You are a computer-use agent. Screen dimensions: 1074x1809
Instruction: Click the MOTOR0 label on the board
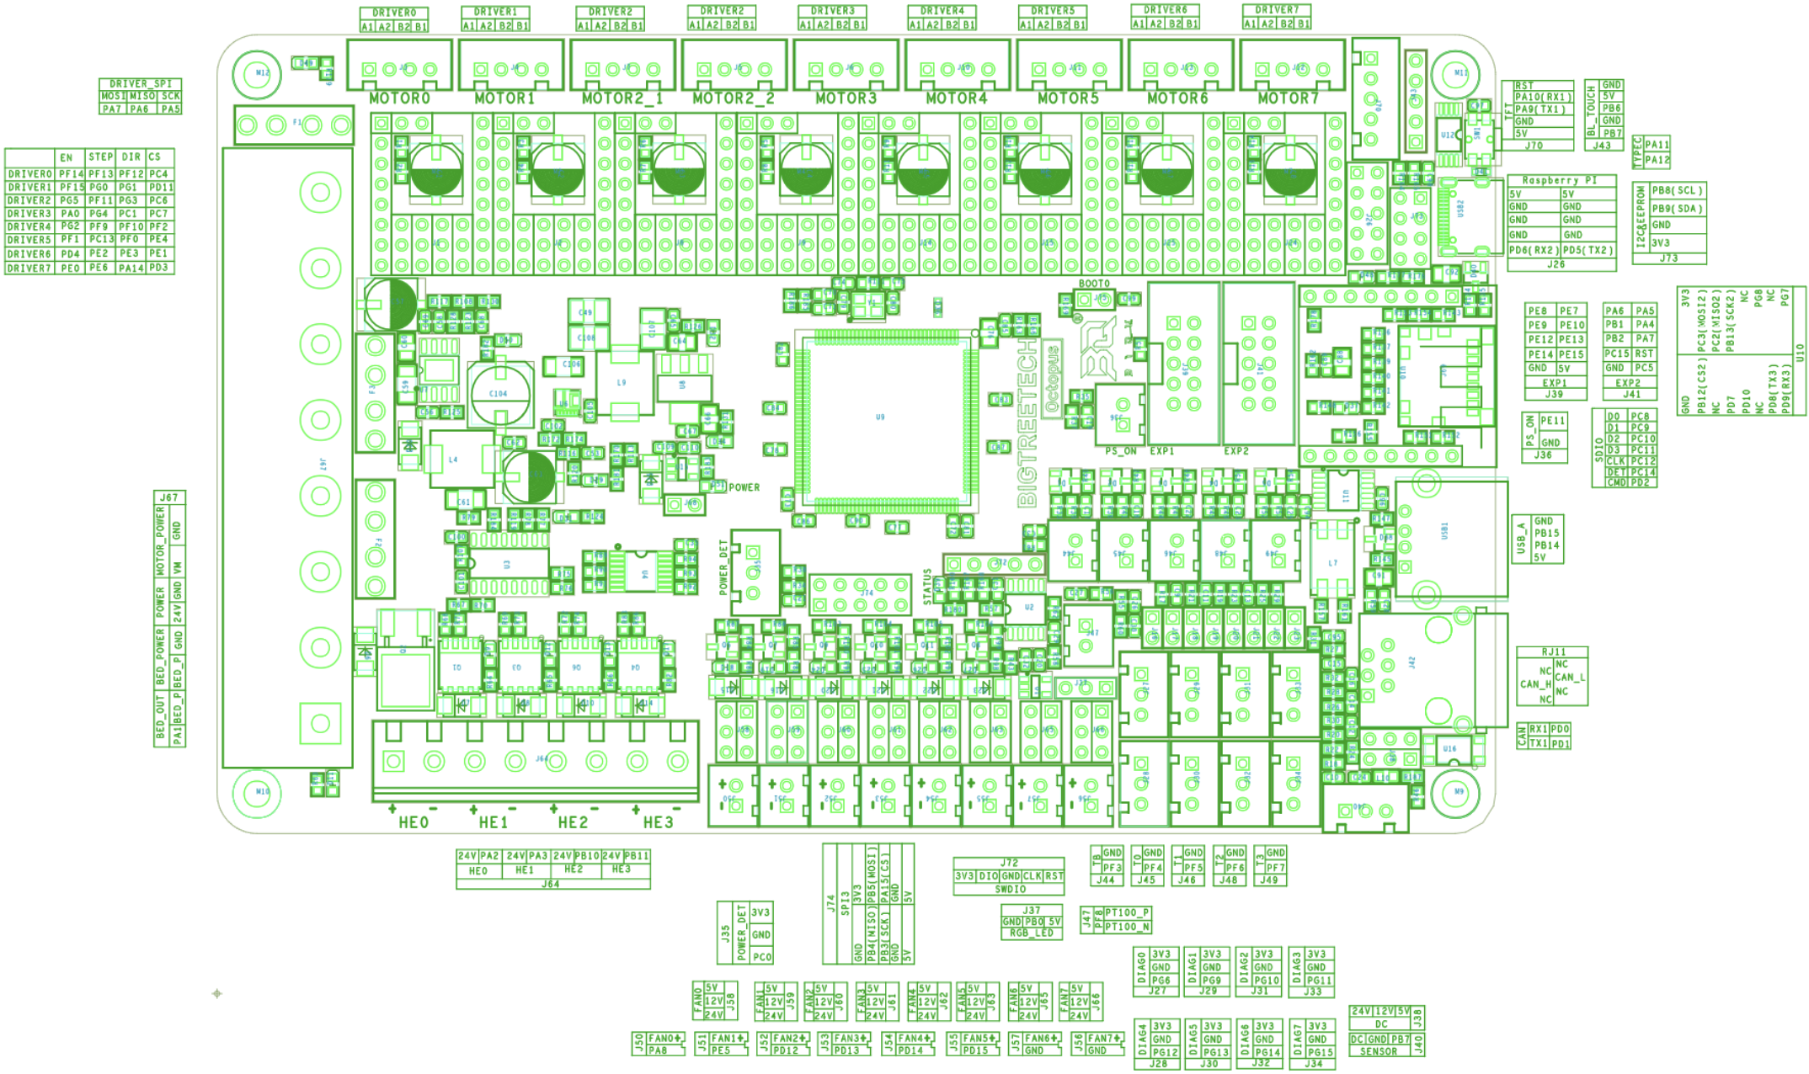coord(399,98)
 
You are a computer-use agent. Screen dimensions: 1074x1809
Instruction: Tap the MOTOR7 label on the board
coord(1288,98)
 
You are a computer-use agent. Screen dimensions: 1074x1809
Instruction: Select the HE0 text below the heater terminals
coord(414,822)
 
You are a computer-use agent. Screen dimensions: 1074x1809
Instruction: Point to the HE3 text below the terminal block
coord(658,822)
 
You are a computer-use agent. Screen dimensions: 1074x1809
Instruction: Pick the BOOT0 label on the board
coord(1094,284)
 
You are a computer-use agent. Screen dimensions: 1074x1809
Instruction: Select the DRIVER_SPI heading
coord(141,84)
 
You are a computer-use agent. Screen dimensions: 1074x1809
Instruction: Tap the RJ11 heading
coord(1553,652)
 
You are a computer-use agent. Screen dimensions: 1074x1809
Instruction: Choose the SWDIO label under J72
coord(1010,889)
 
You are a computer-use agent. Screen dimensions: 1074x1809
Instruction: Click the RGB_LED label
coord(1032,933)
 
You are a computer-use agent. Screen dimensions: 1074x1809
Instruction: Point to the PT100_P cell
coord(1127,912)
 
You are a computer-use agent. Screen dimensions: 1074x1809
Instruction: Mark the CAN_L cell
coord(1570,677)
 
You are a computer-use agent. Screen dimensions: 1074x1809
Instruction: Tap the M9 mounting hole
coord(1459,792)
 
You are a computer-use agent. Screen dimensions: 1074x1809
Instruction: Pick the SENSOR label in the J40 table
coord(1379,1051)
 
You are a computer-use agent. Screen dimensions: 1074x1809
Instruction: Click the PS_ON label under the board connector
coord(1120,451)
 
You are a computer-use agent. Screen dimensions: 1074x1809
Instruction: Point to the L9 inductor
coord(622,382)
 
